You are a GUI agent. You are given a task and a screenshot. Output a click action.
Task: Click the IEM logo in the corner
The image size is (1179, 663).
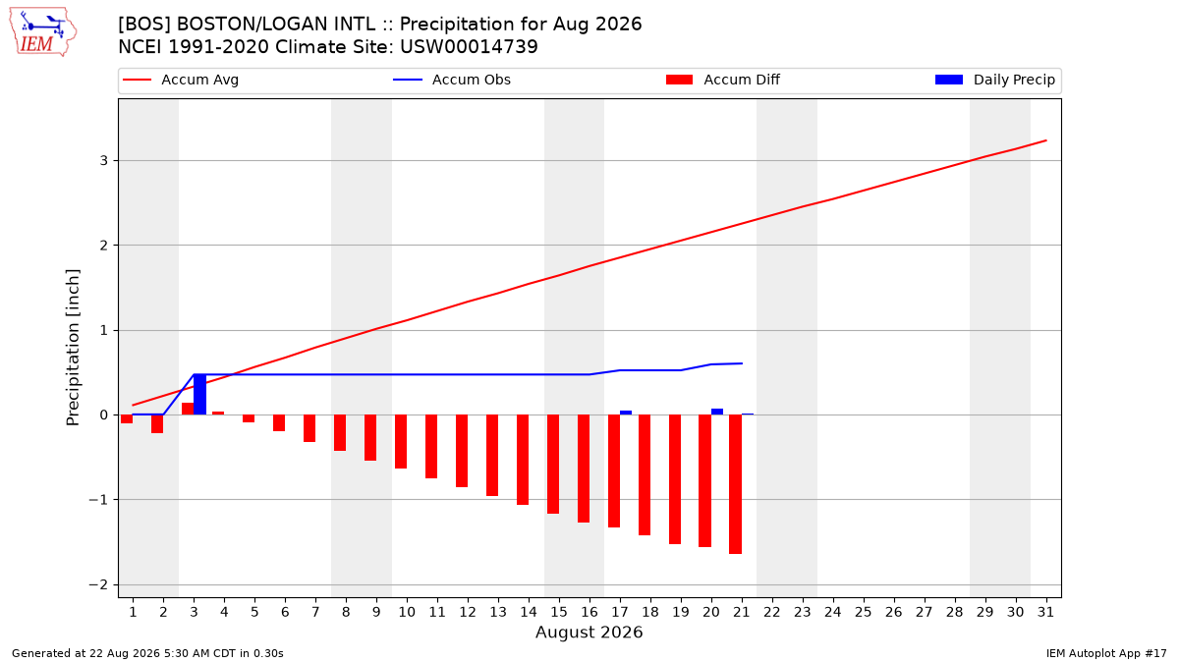pos(43,32)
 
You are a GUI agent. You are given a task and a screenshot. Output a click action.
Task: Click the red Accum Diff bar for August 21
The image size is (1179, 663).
pos(735,484)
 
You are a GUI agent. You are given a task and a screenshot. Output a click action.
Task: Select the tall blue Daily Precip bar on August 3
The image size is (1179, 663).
pos(200,394)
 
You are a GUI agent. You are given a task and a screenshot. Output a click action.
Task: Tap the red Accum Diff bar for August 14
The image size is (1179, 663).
pos(523,460)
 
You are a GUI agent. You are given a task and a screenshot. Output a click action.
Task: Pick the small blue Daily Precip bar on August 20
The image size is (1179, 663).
pos(717,412)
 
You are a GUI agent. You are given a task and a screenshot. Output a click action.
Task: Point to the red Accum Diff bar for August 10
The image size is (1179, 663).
pos(401,441)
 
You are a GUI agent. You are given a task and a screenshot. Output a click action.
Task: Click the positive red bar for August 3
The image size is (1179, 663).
pos(188,409)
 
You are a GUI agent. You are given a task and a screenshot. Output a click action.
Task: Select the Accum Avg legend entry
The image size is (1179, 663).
pos(181,80)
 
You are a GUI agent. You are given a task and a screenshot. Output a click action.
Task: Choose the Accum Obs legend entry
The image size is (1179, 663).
pos(452,80)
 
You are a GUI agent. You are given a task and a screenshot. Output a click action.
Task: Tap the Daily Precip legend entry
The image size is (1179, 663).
pos(994,80)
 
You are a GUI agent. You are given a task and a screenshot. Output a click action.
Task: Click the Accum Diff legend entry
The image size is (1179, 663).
pos(723,80)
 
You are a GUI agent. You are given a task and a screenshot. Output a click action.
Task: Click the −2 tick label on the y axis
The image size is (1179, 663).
pos(98,584)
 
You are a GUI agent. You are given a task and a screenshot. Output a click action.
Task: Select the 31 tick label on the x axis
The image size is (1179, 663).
pos(1045,612)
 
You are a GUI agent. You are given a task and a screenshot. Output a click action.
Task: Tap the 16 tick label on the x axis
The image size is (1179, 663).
pos(589,612)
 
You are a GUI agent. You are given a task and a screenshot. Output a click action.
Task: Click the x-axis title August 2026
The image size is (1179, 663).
pos(589,632)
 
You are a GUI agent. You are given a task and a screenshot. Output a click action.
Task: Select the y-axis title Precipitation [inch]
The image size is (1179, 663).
pos(73,348)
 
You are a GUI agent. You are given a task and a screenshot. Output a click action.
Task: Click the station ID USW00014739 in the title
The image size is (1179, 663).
pos(469,47)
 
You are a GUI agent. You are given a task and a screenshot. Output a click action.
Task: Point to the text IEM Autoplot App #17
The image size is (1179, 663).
pos(1106,653)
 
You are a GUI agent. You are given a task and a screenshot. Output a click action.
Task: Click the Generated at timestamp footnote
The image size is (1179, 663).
pos(147,653)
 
